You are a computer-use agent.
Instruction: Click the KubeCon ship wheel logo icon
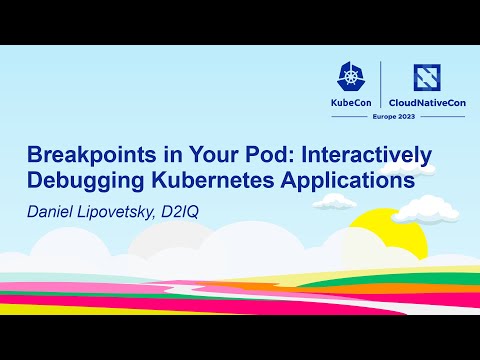357,77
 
